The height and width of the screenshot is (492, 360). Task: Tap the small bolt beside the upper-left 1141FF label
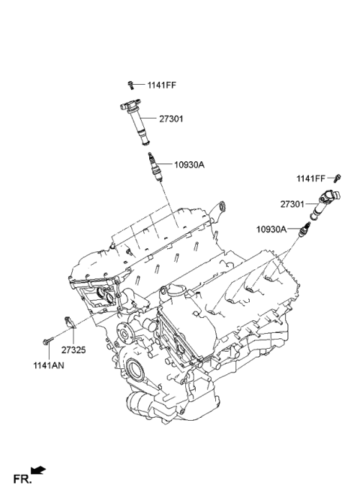point(131,84)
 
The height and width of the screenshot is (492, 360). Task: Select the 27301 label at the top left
point(170,118)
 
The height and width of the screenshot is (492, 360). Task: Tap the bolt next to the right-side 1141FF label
point(337,178)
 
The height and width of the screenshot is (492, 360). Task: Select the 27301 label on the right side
point(292,202)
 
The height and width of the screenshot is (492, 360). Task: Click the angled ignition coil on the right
point(325,202)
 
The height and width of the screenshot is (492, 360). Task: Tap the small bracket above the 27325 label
point(69,323)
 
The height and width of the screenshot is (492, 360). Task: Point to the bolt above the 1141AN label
point(46,342)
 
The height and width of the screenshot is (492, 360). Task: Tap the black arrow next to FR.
point(38,471)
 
